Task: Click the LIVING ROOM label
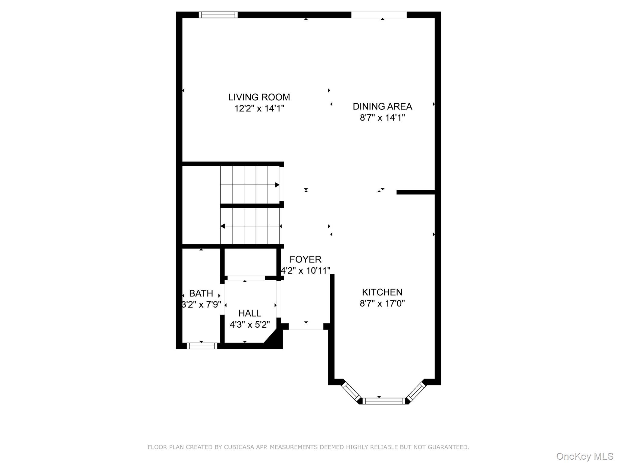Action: click(259, 97)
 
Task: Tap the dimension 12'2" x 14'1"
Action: click(259, 109)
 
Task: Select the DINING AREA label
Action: click(382, 106)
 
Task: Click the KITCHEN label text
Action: click(382, 292)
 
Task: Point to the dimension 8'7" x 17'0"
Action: click(382, 303)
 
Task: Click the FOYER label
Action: click(305, 259)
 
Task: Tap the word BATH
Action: click(201, 293)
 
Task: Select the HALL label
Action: click(249, 313)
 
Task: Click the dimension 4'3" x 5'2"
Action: click(249, 325)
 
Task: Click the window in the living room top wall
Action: click(218, 15)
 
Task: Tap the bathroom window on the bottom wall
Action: click(202, 346)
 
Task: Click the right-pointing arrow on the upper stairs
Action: click(277, 185)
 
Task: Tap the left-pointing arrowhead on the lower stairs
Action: click(223, 226)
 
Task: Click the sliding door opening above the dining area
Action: click(379, 15)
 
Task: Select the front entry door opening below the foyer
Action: click(306, 326)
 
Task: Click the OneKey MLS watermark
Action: click(584, 456)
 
